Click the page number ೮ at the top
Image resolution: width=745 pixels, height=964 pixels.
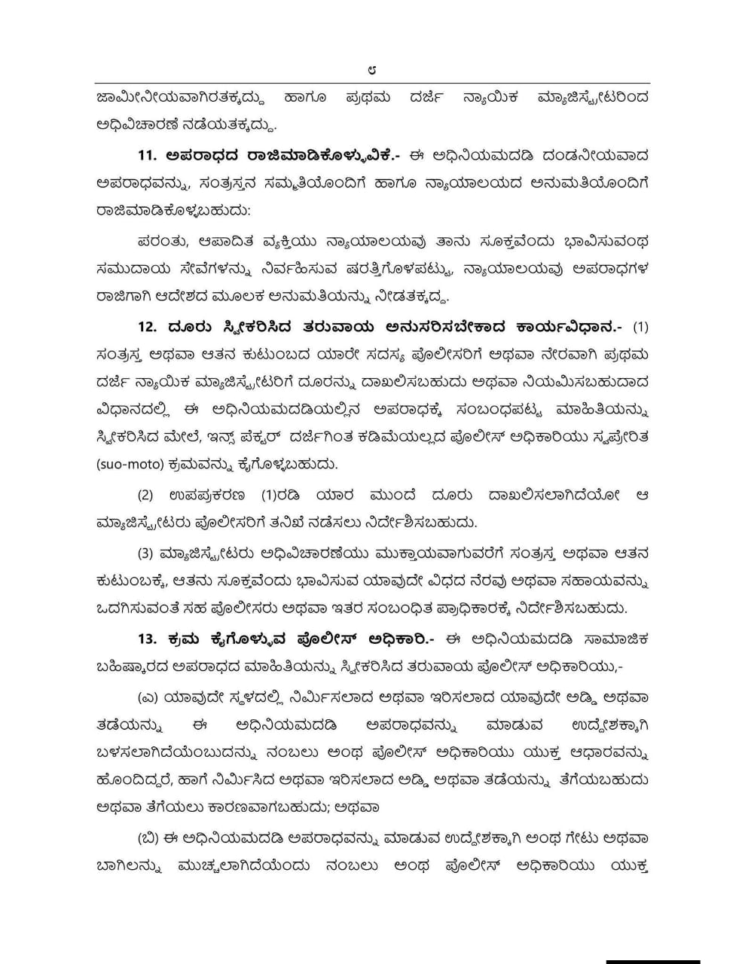click(372, 70)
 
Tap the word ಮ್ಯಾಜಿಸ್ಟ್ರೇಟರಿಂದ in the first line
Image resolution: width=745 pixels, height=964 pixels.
click(594, 98)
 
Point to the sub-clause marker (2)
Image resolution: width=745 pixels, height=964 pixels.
click(145, 495)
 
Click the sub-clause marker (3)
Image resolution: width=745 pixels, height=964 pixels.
click(145, 554)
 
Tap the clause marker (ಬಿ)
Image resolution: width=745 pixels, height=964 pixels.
click(148, 837)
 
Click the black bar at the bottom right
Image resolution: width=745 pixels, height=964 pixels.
click(652, 960)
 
